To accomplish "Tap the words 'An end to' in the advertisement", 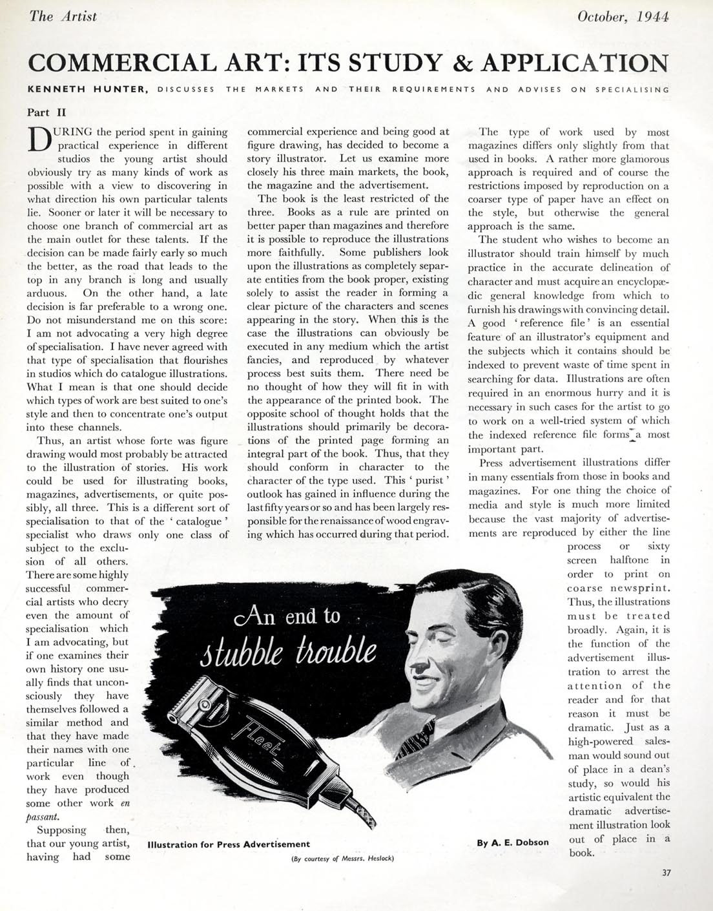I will click(288, 616).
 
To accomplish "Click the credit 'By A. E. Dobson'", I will click(513, 843).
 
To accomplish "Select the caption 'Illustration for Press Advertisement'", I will click(229, 844).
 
